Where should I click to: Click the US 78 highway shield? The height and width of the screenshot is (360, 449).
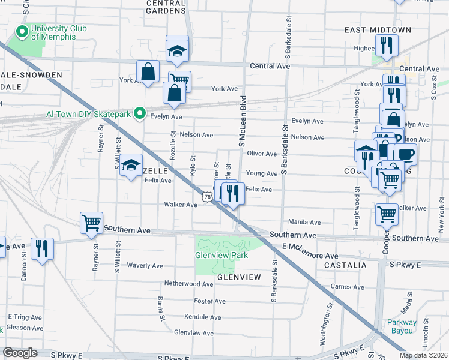point(207,197)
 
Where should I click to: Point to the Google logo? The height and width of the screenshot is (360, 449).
point(20,353)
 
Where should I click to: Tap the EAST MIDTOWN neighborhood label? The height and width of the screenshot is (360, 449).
point(378,30)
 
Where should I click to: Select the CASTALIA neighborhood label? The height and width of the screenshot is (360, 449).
point(345,265)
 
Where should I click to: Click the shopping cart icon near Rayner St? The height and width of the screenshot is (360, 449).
point(91,223)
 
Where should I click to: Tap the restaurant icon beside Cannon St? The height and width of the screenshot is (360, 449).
point(42,248)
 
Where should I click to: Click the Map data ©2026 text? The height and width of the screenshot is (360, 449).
point(423,355)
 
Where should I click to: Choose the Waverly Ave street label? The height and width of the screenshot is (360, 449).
point(145,266)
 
